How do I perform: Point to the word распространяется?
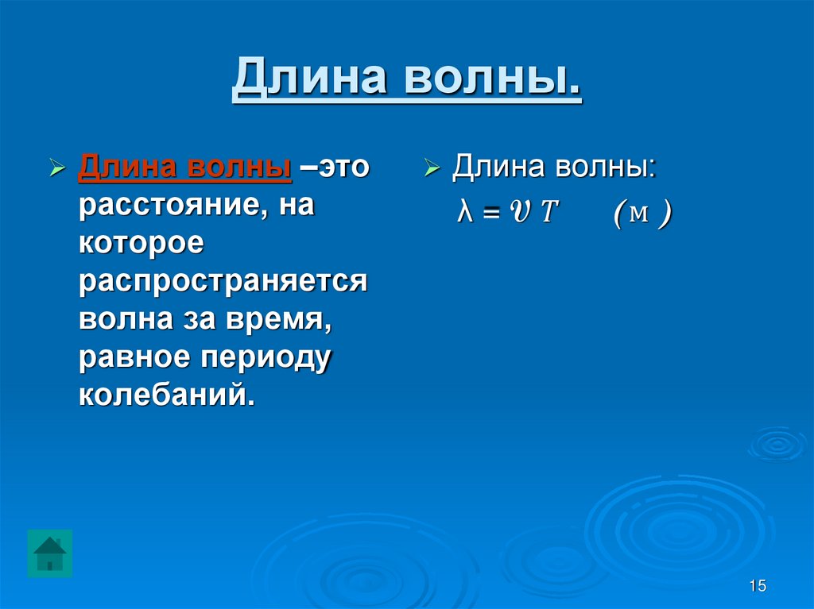tap(223, 282)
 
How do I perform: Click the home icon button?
tap(50, 553)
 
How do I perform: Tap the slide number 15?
tap(757, 586)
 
